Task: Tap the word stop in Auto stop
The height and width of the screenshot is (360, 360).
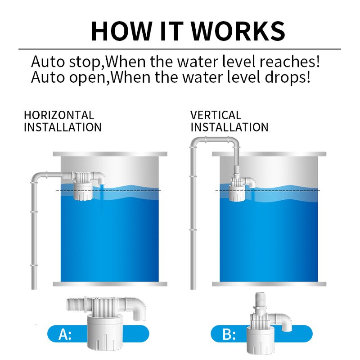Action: coord(85,62)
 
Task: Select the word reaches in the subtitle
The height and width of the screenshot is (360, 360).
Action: coord(288,62)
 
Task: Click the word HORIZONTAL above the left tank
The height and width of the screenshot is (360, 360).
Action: coord(59,116)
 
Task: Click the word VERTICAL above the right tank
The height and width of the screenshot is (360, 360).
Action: coord(216,116)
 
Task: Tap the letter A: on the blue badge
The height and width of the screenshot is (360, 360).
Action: coord(65,334)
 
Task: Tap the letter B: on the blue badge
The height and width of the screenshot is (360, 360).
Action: coord(229,334)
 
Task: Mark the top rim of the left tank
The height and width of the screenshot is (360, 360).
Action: coord(110,154)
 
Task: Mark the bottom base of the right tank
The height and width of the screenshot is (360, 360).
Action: coord(269,284)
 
